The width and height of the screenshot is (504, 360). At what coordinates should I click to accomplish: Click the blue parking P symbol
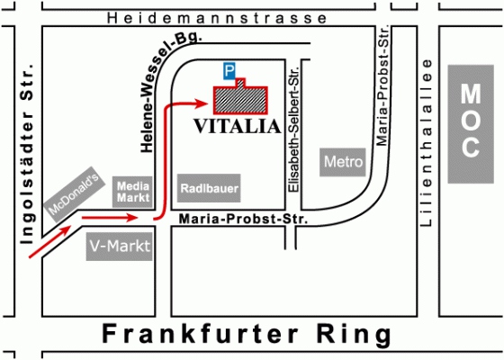tap(229, 71)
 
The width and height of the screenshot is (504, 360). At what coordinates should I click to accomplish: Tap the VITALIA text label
tap(238, 126)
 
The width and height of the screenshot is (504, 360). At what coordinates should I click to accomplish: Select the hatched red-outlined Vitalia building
tap(241, 98)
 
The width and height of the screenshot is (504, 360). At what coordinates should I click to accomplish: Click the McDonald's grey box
tap(75, 194)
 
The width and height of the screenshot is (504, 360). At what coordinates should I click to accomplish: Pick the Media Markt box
tap(132, 192)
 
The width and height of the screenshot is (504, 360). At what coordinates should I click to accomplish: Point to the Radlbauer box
tap(209, 188)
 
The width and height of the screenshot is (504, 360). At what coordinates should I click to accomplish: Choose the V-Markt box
tap(119, 247)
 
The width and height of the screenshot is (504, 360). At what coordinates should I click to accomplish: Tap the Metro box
tap(343, 162)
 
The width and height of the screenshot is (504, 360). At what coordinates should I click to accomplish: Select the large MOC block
tap(471, 124)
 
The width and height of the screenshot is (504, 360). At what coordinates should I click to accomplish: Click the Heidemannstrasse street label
tap(217, 18)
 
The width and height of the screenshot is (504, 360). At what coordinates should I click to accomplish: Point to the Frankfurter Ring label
tap(247, 334)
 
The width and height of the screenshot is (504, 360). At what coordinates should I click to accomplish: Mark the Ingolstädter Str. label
tap(27, 153)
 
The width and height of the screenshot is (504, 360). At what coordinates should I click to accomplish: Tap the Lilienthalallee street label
tap(427, 143)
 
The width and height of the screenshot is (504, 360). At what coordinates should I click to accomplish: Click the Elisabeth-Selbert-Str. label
tap(293, 130)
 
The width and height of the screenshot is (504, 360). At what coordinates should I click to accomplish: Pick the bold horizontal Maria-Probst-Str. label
tap(243, 220)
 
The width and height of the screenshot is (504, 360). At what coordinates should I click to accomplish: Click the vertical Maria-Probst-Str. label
tap(382, 85)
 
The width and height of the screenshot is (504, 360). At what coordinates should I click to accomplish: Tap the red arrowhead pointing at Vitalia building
tap(202, 103)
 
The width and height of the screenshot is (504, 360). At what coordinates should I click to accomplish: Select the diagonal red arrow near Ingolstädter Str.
tap(50, 241)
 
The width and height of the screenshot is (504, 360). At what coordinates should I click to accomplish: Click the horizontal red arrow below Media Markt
tap(110, 218)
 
